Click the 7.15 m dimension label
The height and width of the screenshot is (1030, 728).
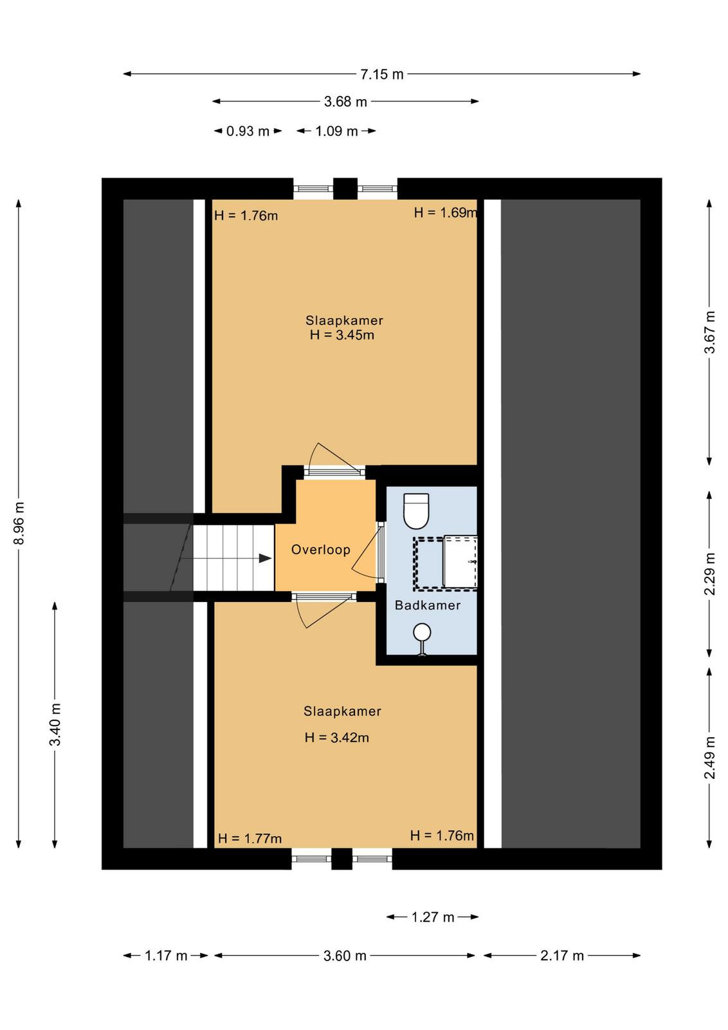381,74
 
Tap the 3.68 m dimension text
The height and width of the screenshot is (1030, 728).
345,102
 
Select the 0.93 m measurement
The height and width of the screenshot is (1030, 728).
248,131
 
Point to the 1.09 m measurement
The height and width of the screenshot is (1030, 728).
336,131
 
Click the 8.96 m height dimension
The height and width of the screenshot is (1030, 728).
19,523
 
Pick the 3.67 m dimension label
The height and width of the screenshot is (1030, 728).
709,332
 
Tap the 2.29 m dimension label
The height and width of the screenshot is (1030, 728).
709,574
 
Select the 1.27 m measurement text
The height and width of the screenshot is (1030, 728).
433,917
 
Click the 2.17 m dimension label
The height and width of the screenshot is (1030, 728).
561,956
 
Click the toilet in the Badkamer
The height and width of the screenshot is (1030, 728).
416,511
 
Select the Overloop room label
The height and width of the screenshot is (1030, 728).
321,550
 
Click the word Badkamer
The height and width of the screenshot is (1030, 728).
428,605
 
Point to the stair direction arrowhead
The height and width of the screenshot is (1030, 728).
265,558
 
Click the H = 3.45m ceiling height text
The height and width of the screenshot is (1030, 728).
342,335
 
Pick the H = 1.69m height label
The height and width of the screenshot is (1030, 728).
445,212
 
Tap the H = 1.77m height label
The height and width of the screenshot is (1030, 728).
250,839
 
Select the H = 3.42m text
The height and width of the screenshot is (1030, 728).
337,738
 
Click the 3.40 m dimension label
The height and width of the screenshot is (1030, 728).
55,724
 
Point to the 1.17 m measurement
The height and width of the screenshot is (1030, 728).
166,956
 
